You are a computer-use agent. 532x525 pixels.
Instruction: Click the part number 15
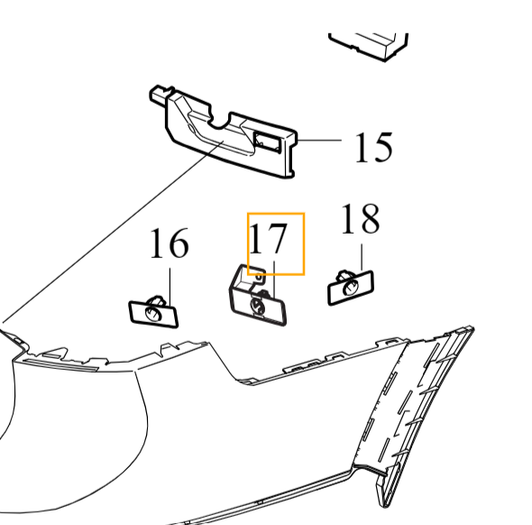tap(372, 146)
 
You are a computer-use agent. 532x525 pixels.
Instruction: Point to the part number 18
tap(360, 219)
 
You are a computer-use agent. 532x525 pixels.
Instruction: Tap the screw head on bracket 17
tap(258, 307)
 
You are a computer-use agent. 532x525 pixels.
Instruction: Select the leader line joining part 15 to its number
tap(319, 142)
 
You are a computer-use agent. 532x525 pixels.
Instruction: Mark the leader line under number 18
tap(360, 253)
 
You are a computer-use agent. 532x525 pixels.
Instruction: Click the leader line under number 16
tap(168, 280)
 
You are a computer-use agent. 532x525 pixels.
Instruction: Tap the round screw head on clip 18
tap(348, 286)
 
